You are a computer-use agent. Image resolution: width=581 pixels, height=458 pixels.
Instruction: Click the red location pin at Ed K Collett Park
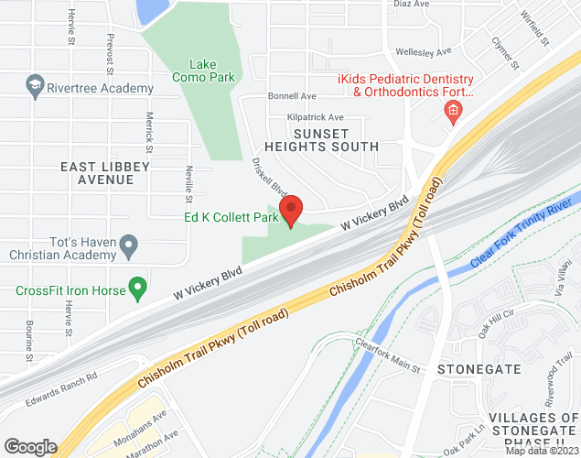291,213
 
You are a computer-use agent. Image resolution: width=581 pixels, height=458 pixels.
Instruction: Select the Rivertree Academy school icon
35,88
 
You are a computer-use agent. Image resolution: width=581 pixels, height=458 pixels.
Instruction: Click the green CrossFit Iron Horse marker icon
138,290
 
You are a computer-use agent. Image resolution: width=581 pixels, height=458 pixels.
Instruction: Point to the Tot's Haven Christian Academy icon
129,245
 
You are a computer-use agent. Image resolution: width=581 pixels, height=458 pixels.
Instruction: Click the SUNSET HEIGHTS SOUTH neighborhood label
321,139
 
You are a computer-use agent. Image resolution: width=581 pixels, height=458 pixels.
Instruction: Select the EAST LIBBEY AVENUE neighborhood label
97,173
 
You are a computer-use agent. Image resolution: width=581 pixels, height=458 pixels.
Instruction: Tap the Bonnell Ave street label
291,96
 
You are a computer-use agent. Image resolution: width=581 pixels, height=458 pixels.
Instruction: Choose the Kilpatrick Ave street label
314,117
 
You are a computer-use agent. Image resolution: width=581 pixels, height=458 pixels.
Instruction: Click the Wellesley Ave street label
423,52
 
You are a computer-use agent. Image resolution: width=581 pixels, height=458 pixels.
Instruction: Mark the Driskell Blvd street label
270,176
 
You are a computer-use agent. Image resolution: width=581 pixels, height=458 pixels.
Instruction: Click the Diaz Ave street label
410,5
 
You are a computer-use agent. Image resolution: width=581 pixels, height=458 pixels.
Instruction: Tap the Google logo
30,446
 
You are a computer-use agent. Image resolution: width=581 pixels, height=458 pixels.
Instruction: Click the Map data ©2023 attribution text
543,451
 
